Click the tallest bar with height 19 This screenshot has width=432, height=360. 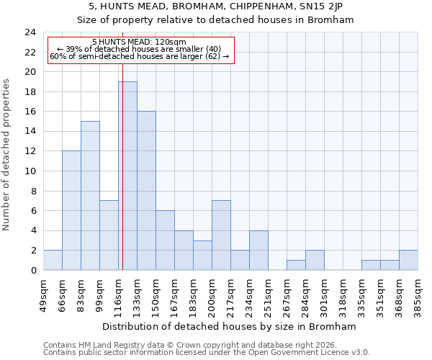[x=127, y=176]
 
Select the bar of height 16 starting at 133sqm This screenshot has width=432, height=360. [x=146, y=191]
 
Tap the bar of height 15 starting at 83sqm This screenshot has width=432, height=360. [x=90, y=196]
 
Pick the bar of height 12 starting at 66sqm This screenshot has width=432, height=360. [x=71, y=210]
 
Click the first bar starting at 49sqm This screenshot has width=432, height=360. [x=53, y=260]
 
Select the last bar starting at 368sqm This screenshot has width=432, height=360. [x=408, y=260]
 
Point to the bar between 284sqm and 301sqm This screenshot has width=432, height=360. [x=315, y=260]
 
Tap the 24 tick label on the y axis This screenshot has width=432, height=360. [x=30, y=32]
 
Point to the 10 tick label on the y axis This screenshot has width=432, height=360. [x=30, y=171]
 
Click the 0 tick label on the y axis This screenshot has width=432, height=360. [x=33, y=271]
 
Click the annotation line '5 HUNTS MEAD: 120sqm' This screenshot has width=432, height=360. [x=140, y=42]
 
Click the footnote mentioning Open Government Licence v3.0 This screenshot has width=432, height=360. [x=207, y=352]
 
